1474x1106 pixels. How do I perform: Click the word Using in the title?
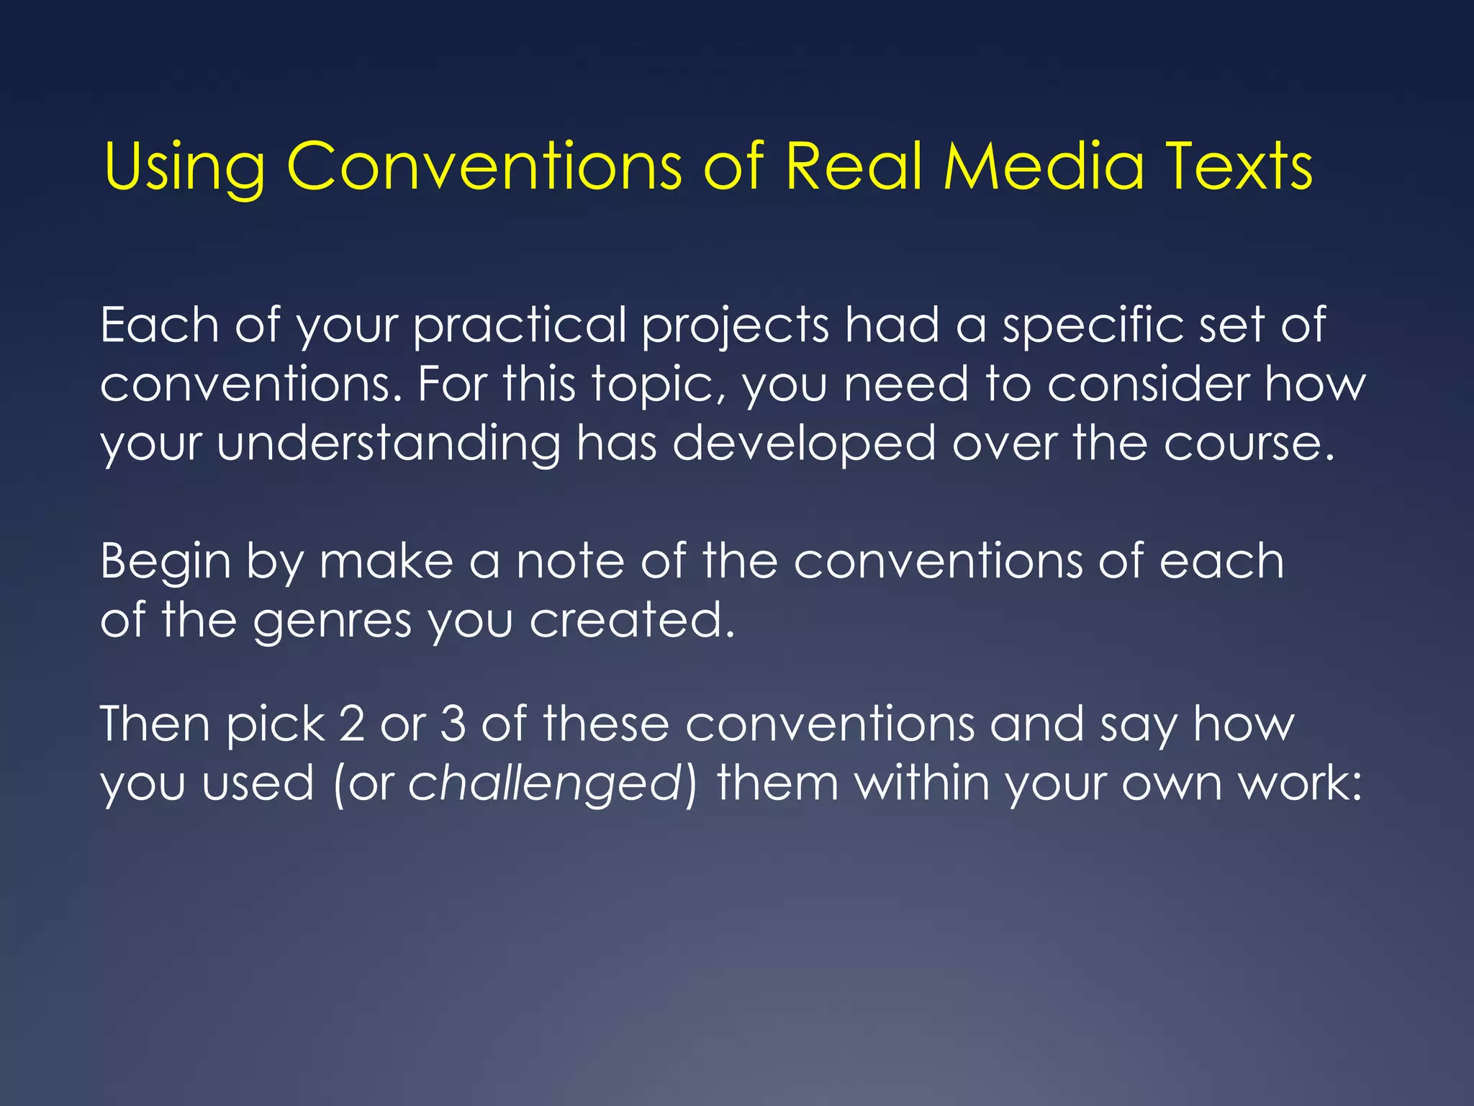[x=184, y=167]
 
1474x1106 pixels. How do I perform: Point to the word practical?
[x=520, y=326]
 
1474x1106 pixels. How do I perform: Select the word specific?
[x=1093, y=326]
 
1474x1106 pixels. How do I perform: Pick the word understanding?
[x=389, y=444]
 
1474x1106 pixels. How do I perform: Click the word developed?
[x=804, y=444]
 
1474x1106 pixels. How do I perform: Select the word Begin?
[x=166, y=562]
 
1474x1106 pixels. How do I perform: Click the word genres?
[x=332, y=621]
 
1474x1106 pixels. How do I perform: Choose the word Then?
[x=155, y=724]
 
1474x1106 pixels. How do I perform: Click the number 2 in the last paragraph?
[x=352, y=724]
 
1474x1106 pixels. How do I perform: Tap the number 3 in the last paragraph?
[x=453, y=724]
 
